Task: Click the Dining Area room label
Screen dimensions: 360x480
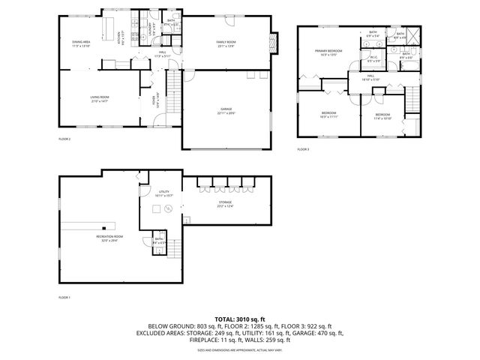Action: pyautogui.click(x=81, y=44)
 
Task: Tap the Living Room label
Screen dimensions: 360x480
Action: pyautogui.click(x=100, y=98)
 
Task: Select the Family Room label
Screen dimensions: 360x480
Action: pyautogui.click(x=226, y=43)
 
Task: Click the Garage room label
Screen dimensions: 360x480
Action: pyautogui.click(x=226, y=112)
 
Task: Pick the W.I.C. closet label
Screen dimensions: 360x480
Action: pyautogui.click(x=373, y=59)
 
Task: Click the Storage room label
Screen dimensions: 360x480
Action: pyautogui.click(x=225, y=203)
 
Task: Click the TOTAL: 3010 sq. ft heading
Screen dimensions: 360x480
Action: pyautogui.click(x=239, y=319)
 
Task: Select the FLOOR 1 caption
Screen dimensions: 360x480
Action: pyautogui.click(x=64, y=298)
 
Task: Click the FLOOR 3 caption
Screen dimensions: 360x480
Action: pyautogui.click(x=302, y=149)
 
